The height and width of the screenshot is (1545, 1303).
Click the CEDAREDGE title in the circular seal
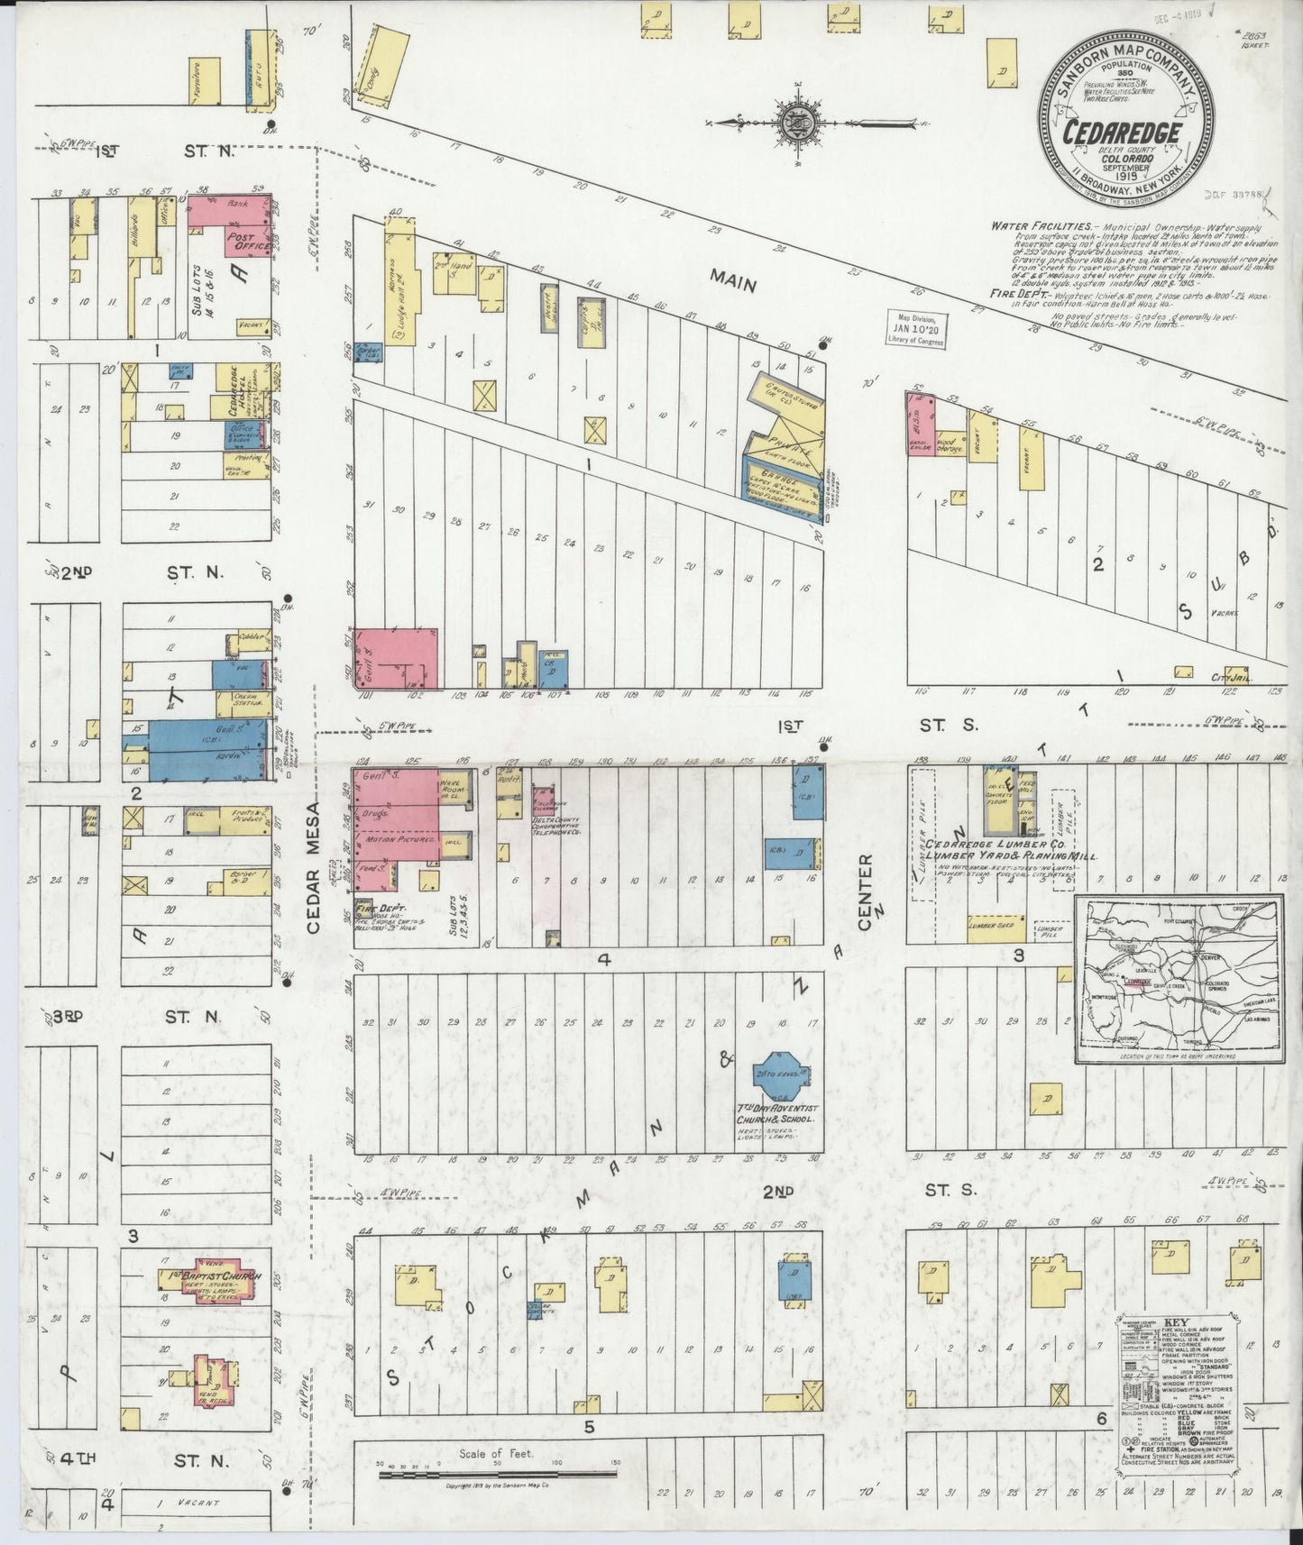click(1123, 133)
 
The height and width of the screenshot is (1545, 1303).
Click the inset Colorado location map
click(1178, 975)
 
